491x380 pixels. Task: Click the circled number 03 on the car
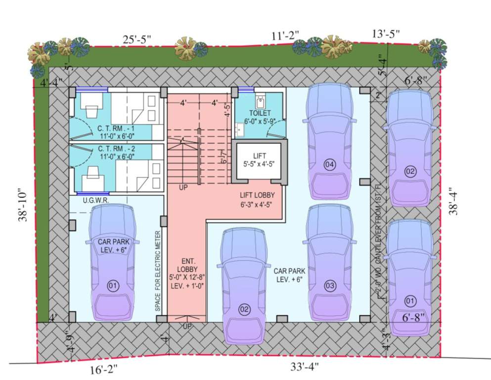point(330,285)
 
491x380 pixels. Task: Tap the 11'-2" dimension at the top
point(285,38)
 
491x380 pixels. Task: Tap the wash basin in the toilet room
point(240,130)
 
